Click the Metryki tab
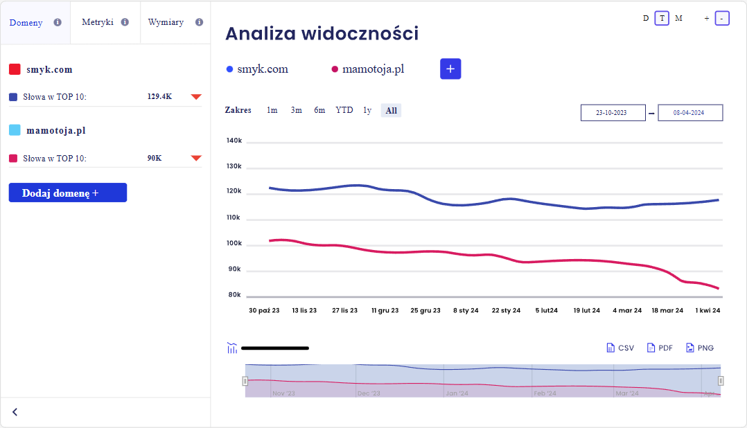(98, 22)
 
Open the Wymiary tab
(166, 22)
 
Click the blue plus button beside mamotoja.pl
(450, 69)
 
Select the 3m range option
(297, 110)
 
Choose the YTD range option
(344, 110)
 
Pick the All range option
(392, 110)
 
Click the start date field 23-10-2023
(611, 113)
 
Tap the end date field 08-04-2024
(689, 113)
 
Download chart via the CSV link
(620, 348)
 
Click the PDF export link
(660, 348)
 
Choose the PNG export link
(700, 348)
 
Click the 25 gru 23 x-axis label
(425, 311)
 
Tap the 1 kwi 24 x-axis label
(708, 311)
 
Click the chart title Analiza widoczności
(322, 33)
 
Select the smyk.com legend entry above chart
(258, 69)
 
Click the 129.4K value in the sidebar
(159, 96)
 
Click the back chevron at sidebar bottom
(15, 412)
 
